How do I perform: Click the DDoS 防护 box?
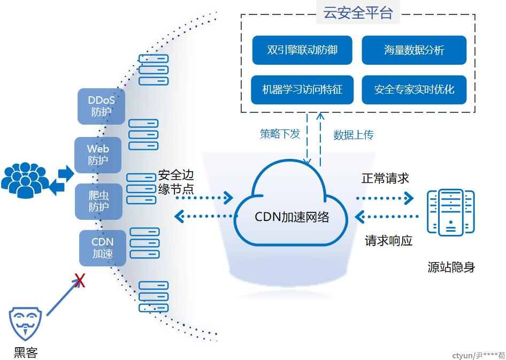coord(101,106)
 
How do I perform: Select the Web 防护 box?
coord(98,155)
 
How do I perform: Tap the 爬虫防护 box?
coord(99,202)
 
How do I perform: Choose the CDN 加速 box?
coord(103,248)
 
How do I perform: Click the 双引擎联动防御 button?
coord(302,50)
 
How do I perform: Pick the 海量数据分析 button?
coord(414,50)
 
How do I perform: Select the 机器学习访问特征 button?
coord(302,90)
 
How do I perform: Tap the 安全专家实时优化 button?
coord(414,90)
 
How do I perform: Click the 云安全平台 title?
coord(358,13)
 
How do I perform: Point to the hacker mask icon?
coord(25,324)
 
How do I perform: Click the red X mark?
coord(80,281)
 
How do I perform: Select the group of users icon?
coord(25,180)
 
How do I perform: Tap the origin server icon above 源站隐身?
coord(450,212)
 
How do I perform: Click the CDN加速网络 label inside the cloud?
coord(292,217)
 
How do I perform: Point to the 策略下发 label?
coord(280,134)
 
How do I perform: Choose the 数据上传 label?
coord(354,135)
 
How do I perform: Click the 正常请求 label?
coord(385,178)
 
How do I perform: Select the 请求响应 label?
coord(388,241)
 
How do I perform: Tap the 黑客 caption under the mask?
coord(26,353)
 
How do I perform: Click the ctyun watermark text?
coord(479,356)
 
